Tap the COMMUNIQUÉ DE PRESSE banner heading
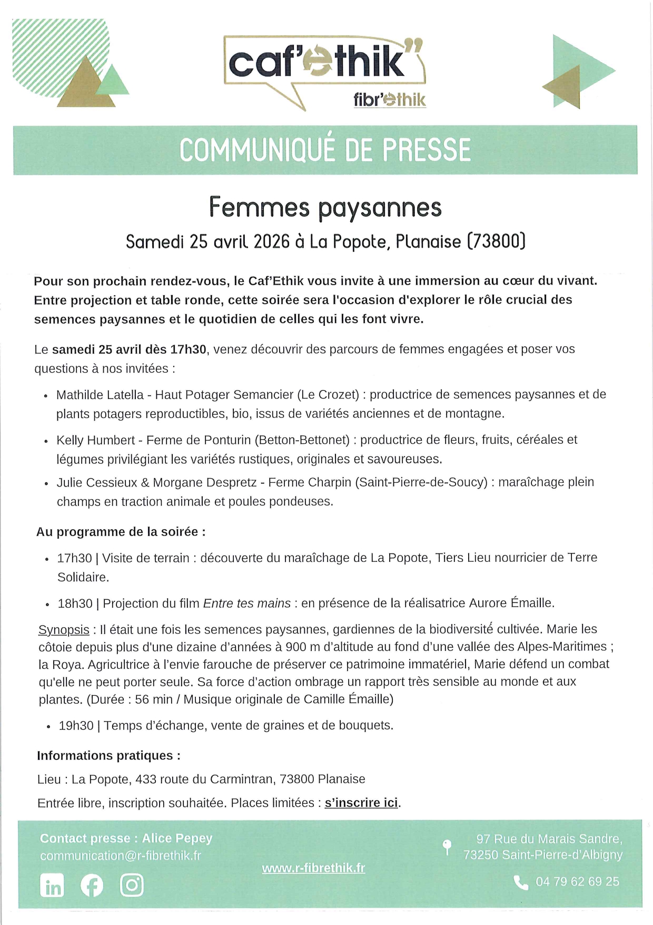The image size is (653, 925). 325,150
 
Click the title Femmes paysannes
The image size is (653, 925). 325,207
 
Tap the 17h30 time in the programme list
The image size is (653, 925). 74,558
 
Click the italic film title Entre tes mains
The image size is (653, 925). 246,603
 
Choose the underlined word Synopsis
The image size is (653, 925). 64,629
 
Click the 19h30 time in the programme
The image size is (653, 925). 76,725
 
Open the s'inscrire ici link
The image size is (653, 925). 361,803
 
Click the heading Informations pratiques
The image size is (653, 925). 108,755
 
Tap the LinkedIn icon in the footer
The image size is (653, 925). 52,885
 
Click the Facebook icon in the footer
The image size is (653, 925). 92,885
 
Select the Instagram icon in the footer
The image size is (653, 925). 132,885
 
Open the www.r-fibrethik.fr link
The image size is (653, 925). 313,868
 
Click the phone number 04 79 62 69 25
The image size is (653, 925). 577,881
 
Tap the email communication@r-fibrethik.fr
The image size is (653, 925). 121,855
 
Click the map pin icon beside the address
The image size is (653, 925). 447,846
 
